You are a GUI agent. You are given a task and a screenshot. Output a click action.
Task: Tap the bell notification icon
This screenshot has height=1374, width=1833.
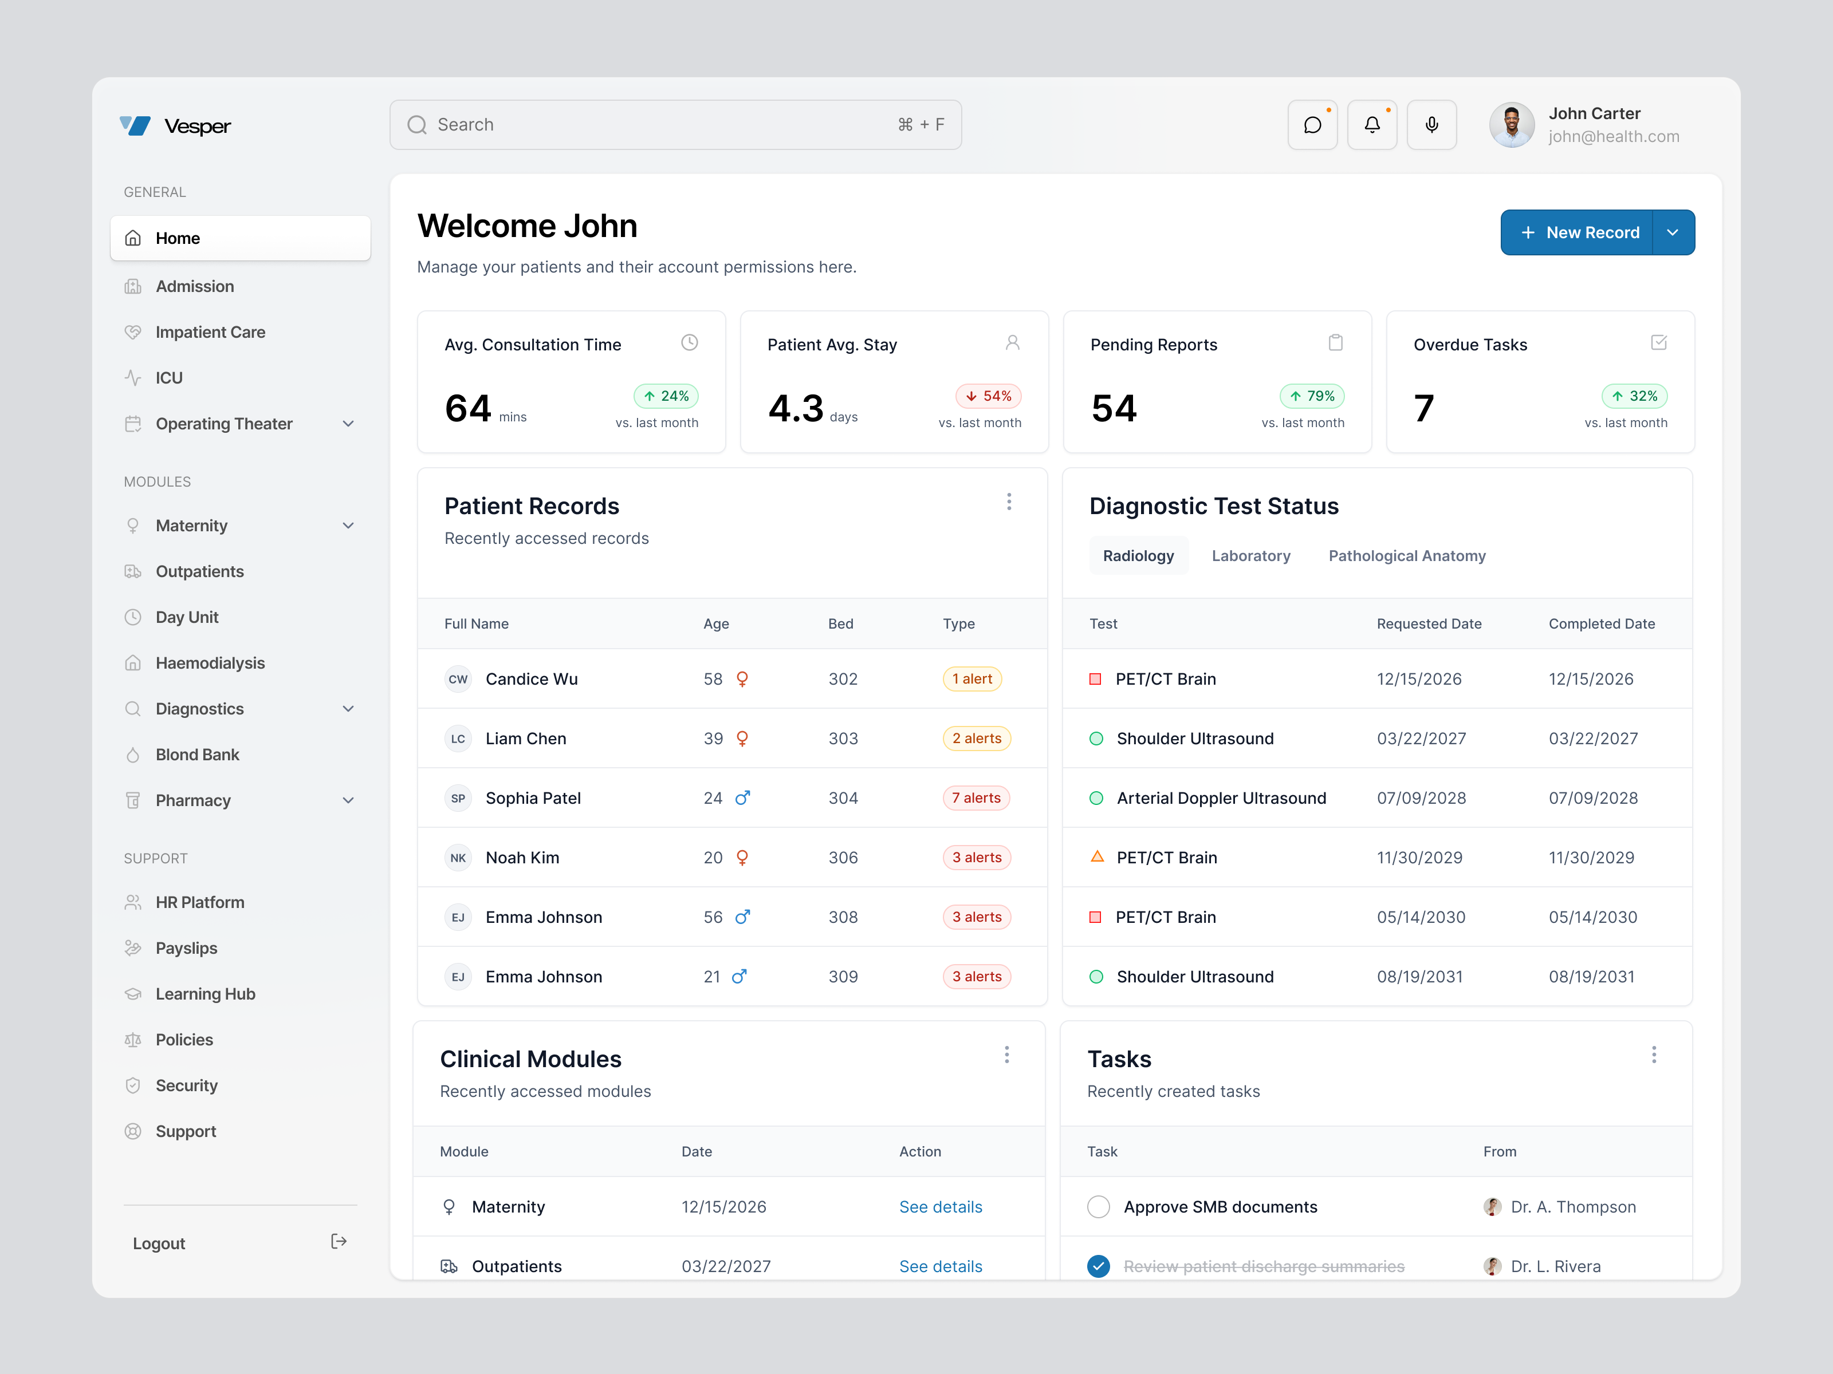point(1372,125)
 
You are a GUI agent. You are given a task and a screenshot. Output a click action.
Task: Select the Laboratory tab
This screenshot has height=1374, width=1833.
point(1250,556)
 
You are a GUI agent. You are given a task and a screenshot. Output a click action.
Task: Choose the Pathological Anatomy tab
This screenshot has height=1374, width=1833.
point(1406,556)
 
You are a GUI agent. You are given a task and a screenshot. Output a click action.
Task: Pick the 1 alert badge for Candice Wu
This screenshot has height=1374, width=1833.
point(972,678)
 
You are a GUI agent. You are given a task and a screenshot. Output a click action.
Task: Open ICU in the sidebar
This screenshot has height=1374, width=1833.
point(169,378)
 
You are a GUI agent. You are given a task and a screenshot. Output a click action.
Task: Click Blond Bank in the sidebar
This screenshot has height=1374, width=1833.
point(197,755)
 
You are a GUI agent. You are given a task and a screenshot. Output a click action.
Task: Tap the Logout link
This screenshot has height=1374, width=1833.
point(159,1243)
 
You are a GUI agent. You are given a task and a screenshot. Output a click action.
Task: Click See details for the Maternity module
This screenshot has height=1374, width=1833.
point(941,1207)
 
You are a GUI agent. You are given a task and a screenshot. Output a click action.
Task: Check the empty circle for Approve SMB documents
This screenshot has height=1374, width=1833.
point(1098,1207)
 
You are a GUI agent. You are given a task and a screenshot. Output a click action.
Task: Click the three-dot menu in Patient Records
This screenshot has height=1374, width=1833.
point(1009,502)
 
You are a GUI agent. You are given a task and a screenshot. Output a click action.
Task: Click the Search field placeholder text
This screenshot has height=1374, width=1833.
point(466,125)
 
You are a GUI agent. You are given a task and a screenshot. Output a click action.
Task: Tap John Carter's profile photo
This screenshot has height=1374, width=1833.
point(1512,125)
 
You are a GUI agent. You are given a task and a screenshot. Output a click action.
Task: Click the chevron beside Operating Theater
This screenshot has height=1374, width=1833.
point(348,424)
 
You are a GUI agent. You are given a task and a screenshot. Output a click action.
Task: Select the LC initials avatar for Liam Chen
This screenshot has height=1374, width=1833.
point(458,739)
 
